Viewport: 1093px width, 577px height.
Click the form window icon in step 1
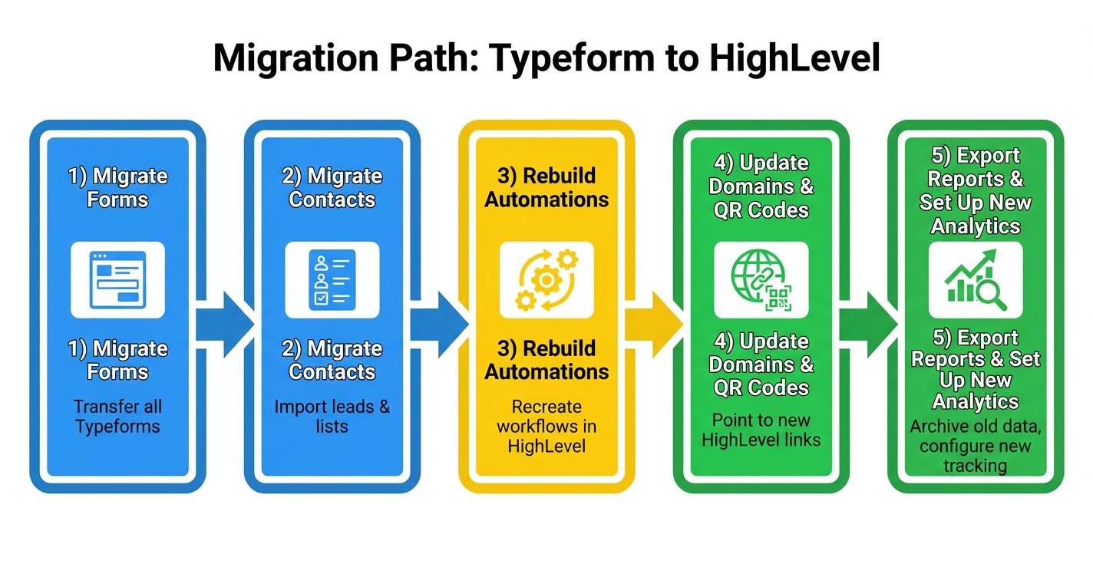point(117,279)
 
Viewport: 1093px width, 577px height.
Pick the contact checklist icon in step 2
point(332,279)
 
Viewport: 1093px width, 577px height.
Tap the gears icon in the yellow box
point(546,279)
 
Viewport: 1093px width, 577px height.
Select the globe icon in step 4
point(752,274)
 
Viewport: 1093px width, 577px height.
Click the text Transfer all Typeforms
point(117,417)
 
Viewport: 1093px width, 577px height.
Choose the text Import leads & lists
point(332,417)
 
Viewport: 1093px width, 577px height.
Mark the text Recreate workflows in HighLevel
point(546,427)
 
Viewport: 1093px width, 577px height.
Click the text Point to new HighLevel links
point(761,430)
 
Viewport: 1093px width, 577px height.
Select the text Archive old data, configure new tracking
point(976,446)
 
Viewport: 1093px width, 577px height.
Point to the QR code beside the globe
point(778,297)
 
